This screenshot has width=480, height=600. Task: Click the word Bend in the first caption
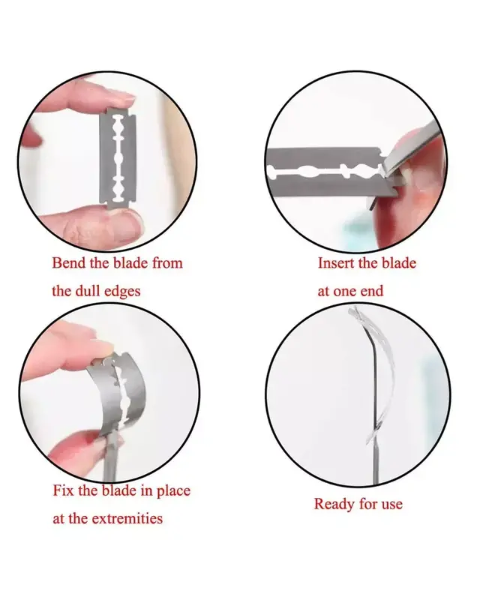pos(68,263)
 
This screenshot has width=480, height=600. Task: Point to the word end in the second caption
pos(372,291)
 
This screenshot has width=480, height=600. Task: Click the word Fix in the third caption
pos(63,490)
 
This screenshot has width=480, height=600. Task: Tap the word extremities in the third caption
pos(127,518)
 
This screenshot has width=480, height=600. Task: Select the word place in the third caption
pos(173,491)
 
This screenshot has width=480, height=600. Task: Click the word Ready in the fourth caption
pos(334,504)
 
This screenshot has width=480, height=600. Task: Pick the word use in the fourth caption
pos(391,504)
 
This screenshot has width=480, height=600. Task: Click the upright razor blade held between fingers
pos(118,157)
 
